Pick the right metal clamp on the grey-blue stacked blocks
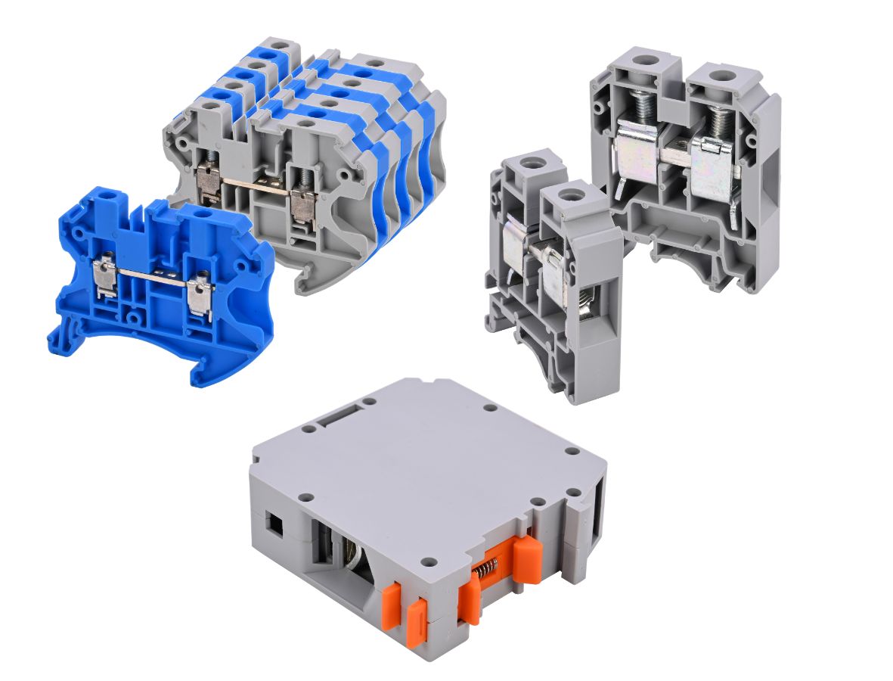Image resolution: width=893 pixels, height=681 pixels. [303, 205]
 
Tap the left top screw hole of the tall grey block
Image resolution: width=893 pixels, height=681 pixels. [643, 59]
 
